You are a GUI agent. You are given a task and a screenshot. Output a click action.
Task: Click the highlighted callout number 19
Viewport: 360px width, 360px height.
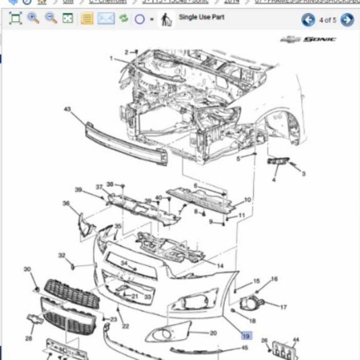tap(246, 335)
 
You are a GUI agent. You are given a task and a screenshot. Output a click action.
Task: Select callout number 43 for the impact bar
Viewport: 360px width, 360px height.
tap(67, 109)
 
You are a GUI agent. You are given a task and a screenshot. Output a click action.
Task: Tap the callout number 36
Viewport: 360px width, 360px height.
tap(66, 204)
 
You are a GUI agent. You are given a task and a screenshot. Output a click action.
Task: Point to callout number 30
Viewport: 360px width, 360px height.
tap(27, 269)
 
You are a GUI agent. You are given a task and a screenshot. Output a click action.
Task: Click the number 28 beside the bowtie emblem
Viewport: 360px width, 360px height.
tap(29, 338)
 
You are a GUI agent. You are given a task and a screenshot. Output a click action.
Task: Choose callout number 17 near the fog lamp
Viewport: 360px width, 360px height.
tap(283, 308)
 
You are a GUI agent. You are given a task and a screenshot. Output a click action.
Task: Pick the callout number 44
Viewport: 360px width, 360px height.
tap(295, 340)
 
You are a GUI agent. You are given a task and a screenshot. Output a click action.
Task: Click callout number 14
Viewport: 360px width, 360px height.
tap(220, 266)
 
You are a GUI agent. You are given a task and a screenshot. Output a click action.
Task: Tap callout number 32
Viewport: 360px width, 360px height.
tap(62, 255)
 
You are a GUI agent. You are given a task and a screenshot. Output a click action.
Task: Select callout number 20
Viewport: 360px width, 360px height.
tap(213, 333)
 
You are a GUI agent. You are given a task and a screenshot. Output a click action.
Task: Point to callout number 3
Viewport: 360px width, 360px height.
tap(303, 174)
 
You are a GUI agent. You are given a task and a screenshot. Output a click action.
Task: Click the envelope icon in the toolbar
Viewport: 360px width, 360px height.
tap(106, 19)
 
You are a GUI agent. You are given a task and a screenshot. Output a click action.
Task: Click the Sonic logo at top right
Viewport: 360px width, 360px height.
tap(309, 40)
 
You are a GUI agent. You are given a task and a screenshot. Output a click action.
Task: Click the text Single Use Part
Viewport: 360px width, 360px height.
tap(201, 17)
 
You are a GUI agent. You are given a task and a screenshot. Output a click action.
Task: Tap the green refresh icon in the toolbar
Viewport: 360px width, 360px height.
tap(123, 19)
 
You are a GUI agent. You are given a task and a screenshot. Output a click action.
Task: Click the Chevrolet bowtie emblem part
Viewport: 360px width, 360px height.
tap(34, 319)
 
